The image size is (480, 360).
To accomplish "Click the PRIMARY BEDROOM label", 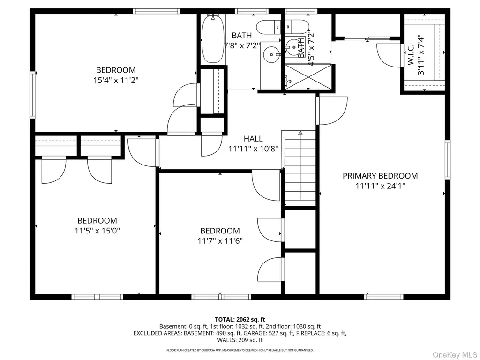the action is (380, 176).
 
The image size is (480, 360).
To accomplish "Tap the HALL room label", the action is (253, 139).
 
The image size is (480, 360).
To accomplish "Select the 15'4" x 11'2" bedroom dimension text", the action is (116, 80).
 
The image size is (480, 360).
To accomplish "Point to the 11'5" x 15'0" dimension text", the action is (97, 231).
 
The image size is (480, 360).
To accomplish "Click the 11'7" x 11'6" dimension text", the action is (220, 240).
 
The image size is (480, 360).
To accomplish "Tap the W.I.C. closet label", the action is (411, 55).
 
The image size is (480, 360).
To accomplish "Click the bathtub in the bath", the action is (213, 38).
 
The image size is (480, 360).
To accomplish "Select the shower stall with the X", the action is (308, 77).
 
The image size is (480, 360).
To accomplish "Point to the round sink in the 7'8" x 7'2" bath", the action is (271, 54).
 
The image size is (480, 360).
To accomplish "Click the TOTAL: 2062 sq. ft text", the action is (240, 320).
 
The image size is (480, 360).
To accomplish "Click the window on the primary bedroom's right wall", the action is (448, 159).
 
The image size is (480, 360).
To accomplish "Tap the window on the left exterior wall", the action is (32, 94).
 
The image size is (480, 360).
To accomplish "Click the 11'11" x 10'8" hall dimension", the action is (253, 149).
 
